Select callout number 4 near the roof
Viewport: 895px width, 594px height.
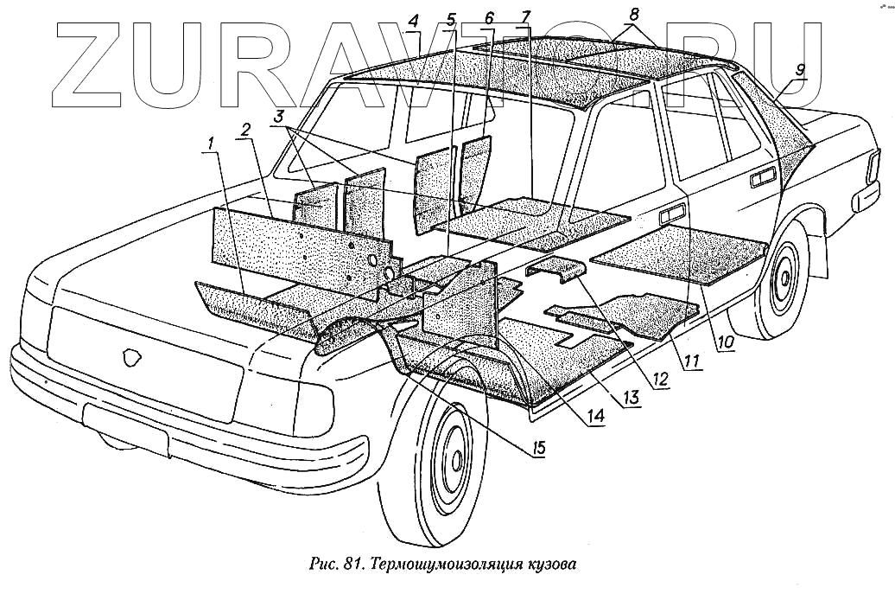[413, 21]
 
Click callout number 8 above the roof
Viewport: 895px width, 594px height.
[636, 14]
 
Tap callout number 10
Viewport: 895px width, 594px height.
[725, 342]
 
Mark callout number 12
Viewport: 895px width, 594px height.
[662, 378]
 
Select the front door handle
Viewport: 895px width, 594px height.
[671, 212]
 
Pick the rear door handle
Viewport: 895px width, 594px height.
[763, 178]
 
